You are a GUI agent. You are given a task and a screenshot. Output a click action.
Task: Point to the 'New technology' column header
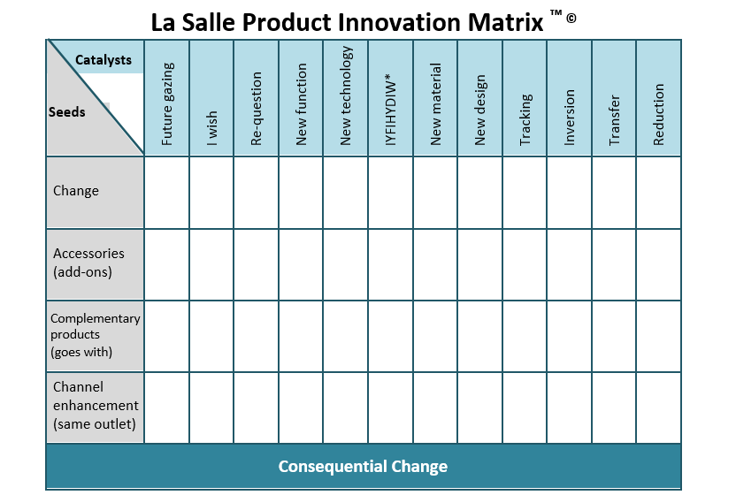pyautogui.click(x=346, y=96)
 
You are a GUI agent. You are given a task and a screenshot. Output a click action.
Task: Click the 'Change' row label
pyautogui.click(x=76, y=191)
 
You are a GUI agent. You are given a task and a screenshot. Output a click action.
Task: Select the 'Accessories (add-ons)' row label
pyautogui.click(x=88, y=263)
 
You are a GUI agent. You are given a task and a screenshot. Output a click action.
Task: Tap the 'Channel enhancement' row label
pyautogui.click(x=96, y=406)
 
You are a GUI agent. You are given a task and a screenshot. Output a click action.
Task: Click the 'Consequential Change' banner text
pyautogui.click(x=363, y=467)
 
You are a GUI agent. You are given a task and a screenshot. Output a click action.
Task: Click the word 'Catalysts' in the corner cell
pyautogui.click(x=103, y=60)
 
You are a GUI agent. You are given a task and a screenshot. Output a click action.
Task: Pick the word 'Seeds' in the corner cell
pyautogui.click(x=66, y=112)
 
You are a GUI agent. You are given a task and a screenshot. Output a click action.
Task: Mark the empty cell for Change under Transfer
pyautogui.click(x=614, y=192)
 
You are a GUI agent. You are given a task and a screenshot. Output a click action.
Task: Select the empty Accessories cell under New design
pyautogui.click(x=479, y=263)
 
